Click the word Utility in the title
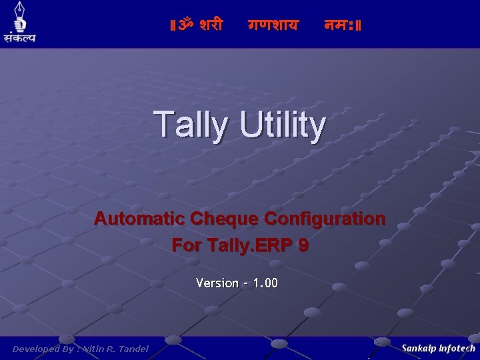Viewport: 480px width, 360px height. [283, 125]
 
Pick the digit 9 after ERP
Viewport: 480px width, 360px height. [303, 245]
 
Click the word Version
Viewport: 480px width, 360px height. [217, 283]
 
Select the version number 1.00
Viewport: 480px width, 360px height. [265, 283]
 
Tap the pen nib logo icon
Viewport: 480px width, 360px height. [19, 17]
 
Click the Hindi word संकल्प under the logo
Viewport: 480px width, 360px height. [19, 37]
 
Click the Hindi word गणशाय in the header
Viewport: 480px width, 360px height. [273, 26]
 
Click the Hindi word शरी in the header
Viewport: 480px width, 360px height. [211, 26]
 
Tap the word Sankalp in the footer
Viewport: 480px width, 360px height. [419, 348]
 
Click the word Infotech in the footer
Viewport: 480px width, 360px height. [457, 348]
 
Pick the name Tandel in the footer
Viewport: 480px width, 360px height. [133, 349]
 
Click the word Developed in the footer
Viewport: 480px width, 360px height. [35, 349]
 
